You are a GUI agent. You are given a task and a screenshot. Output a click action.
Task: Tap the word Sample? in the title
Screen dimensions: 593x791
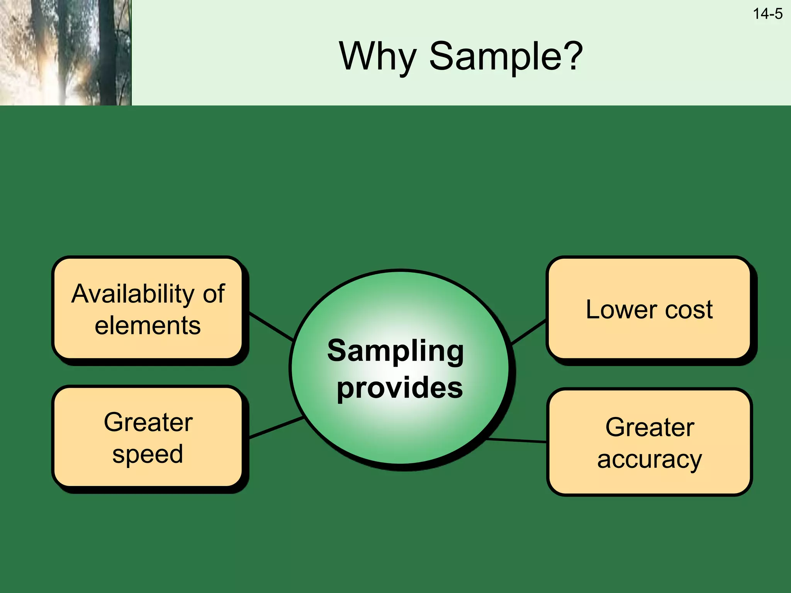(506, 57)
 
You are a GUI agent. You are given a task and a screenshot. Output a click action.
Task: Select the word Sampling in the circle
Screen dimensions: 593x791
(395, 351)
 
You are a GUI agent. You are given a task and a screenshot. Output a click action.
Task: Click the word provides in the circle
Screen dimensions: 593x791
(399, 388)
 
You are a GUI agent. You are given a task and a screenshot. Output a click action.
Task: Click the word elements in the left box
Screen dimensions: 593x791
(148, 325)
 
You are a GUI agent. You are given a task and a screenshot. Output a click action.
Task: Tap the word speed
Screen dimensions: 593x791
(148, 454)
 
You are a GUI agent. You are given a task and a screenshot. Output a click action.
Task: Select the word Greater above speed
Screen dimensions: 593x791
(148, 422)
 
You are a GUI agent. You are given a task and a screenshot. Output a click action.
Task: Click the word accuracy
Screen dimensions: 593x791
(649, 459)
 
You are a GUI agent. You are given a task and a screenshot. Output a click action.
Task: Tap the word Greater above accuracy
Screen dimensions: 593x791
(650, 427)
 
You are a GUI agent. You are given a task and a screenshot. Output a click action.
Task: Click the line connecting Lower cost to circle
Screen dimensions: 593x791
(528, 332)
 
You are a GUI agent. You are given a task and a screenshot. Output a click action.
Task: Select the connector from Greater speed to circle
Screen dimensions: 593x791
(276, 427)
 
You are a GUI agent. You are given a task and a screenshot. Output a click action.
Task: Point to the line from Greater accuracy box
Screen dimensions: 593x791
(517, 441)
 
